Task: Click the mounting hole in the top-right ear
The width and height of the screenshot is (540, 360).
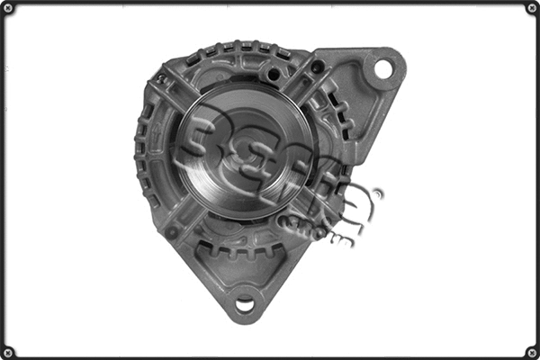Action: pyautogui.click(x=382, y=68)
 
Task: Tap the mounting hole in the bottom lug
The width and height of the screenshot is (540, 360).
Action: pyautogui.click(x=244, y=304)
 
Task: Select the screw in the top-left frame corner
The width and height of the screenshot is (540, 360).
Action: pyautogui.click(x=8, y=8)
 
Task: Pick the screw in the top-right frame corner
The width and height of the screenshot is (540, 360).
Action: pyautogui.click(x=531, y=8)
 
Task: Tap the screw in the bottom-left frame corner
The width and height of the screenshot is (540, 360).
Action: pyautogui.click(x=8, y=351)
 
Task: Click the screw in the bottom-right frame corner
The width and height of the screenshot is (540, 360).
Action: pyautogui.click(x=531, y=351)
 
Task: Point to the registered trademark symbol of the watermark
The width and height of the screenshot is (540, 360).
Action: pyautogui.click(x=377, y=193)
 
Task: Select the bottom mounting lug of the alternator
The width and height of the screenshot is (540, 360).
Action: pyautogui.click(x=244, y=292)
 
